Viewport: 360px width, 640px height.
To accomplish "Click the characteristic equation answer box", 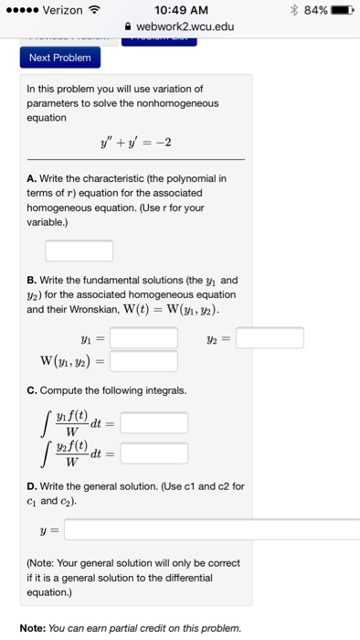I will tap(79, 250).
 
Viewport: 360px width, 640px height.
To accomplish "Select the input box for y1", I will tap(143, 338).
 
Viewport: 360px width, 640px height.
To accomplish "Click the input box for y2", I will tap(270, 338).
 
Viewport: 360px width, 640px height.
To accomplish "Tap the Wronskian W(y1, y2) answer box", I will tap(143, 361).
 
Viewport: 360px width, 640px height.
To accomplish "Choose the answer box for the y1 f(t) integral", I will tap(154, 422).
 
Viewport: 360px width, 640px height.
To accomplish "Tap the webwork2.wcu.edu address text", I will tap(185, 27).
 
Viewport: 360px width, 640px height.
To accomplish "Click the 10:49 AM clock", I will tap(180, 9).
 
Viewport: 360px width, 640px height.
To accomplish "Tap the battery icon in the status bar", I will tap(339, 9).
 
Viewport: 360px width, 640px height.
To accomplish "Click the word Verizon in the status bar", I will tap(68, 9).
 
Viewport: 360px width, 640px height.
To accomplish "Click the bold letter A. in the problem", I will tap(31, 178).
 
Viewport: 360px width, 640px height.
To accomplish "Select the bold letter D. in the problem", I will tap(32, 485).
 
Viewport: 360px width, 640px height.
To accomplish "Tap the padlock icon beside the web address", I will tap(128, 27).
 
